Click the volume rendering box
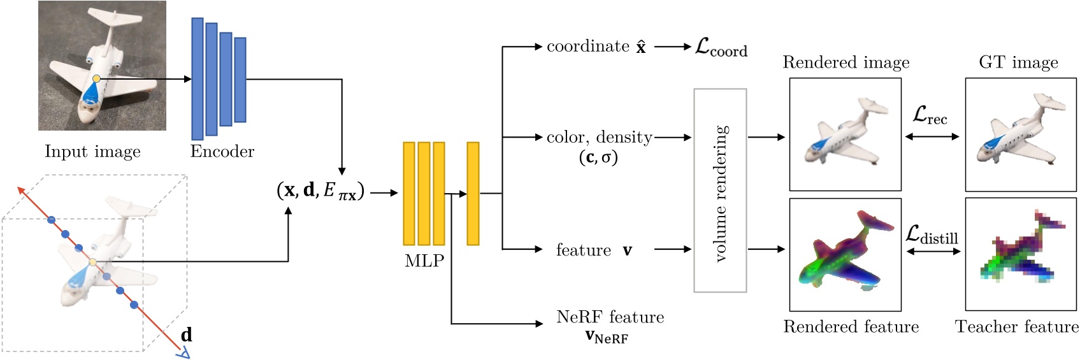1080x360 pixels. [720, 191]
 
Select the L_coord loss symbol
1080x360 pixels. [721, 47]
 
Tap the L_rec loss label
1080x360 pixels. [930, 116]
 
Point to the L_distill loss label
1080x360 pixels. [932, 235]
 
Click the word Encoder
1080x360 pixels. [222, 152]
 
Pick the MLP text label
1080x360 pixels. [424, 261]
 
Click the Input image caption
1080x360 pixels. [92, 152]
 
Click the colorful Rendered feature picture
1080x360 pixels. [845, 254]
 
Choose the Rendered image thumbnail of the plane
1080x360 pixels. [845, 134]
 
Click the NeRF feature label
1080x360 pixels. [609, 326]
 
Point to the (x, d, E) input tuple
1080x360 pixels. [320, 191]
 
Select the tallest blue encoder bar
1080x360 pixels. [198, 78]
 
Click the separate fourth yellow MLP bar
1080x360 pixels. [473, 193]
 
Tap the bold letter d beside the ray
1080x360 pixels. [186, 335]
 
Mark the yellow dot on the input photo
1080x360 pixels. [96, 78]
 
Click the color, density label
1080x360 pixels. [599, 146]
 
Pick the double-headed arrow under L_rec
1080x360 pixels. [932, 136]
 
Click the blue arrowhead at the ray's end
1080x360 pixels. [184, 352]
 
